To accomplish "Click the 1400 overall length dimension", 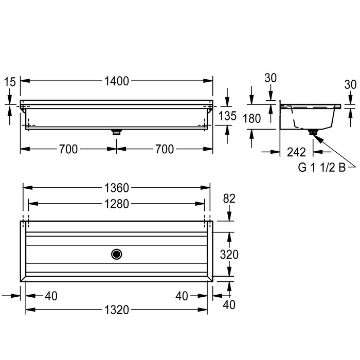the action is (117, 81).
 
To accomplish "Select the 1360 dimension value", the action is (117, 188).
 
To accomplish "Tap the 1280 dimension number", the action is (117, 204).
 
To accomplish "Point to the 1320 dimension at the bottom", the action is (117, 310).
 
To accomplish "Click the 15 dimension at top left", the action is (10, 82).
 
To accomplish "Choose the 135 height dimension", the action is (227, 116).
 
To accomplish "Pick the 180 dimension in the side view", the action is (252, 118).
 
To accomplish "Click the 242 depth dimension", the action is (296, 152).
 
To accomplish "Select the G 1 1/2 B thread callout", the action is (322, 167).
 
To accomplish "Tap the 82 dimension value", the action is (229, 199).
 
